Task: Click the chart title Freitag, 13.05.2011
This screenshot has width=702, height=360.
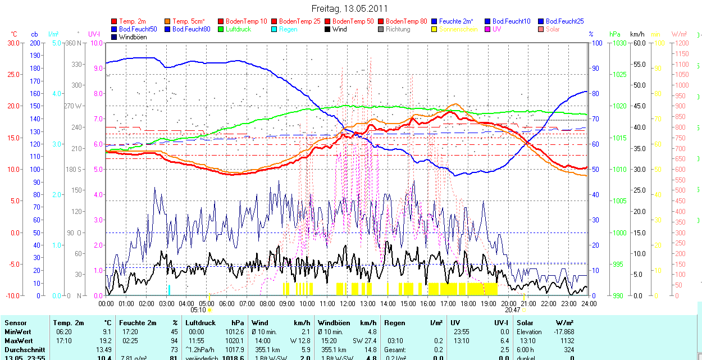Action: point(349,9)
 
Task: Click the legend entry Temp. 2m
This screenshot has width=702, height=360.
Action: point(132,21)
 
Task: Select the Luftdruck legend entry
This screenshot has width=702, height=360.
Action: point(238,29)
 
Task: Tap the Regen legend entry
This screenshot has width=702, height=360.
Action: point(288,29)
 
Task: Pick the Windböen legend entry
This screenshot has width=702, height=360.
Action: point(132,37)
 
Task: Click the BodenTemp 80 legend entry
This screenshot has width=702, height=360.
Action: point(407,21)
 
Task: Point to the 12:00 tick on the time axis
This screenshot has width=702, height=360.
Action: point(347,304)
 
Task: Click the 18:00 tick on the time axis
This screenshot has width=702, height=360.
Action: point(468,304)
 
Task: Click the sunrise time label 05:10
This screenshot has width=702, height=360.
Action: point(198,309)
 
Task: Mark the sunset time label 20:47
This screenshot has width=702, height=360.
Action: point(512,309)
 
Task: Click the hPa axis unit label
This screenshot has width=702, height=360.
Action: point(615,34)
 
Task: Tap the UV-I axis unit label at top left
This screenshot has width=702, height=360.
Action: point(94,34)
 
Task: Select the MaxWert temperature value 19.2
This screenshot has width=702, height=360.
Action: point(107,341)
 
